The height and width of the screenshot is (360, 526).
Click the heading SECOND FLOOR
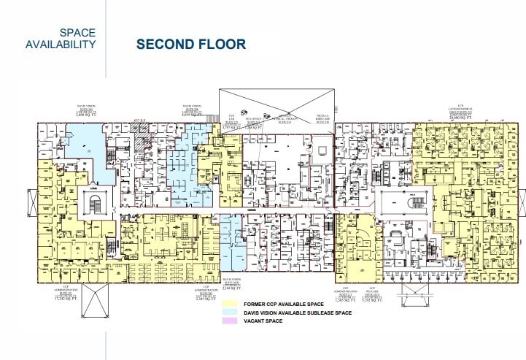(x=191, y=45)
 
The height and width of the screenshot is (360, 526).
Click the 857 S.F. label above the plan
(x=142, y=118)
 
